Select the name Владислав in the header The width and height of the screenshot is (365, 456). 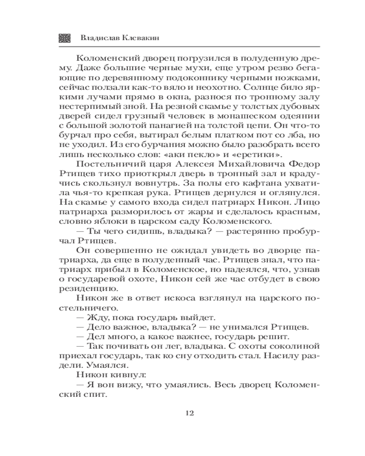point(98,38)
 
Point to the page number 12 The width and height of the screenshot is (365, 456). point(190,413)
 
